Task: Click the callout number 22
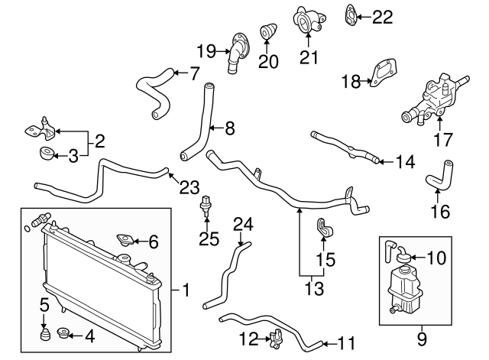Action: (x=382, y=16)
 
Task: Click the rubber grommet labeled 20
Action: (x=270, y=34)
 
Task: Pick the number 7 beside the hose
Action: (x=194, y=73)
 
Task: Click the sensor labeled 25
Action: (x=206, y=205)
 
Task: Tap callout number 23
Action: (x=189, y=185)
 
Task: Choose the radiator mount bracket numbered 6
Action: (x=124, y=243)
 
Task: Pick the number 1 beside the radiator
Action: (x=186, y=290)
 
